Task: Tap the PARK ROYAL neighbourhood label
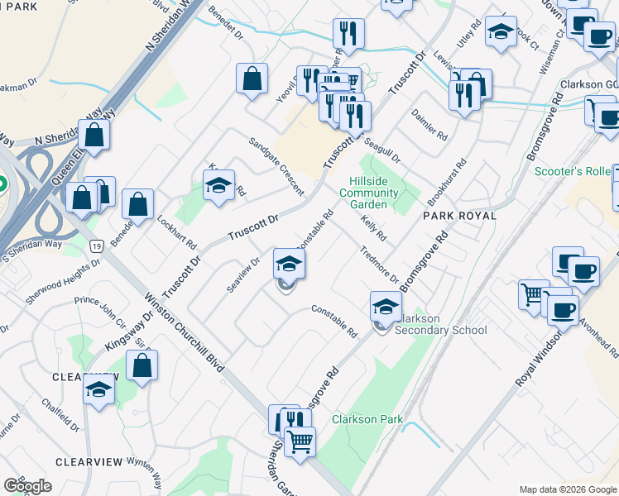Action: [x=459, y=216]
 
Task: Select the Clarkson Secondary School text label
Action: [x=442, y=324]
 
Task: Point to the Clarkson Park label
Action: [x=367, y=419]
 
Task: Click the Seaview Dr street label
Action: [x=243, y=274]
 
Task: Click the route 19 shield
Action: [x=97, y=246]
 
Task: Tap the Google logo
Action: [x=27, y=486]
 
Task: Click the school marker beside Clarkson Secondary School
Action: [x=386, y=307]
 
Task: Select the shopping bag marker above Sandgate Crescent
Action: [x=252, y=79]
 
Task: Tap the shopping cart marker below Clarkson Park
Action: [x=300, y=441]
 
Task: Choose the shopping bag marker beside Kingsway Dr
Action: [x=142, y=366]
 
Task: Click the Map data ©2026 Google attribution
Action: [x=567, y=489]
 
